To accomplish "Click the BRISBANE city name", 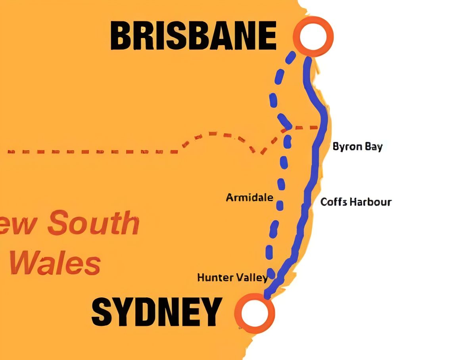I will [x=193, y=36].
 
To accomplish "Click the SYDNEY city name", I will [x=156, y=312].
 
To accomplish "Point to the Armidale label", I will [x=250, y=197].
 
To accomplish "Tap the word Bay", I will [x=374, y=147].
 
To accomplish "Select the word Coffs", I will [x=334, y=202].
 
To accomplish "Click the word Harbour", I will [x=370, y=202].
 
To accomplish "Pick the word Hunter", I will [x=214, y=278].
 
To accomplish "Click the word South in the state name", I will [x=94, y=223].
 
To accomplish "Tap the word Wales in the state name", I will [x=55, y=264].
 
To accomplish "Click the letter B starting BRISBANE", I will [x=123, y=36].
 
